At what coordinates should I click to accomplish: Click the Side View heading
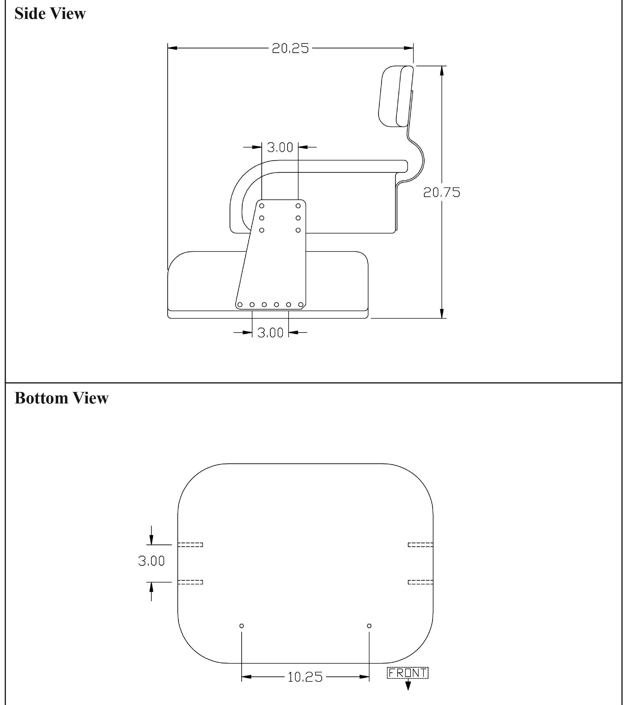click(50, 13)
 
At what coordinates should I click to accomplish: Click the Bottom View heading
click(61, 398)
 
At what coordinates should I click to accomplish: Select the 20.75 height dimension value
click(442, 192)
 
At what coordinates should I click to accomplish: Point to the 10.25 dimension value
click(305, 677)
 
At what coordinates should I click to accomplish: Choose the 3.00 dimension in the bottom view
click(151, 561)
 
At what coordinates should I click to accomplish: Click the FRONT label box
click(408, 673)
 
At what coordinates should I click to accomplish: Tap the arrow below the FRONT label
click(408, 684)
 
